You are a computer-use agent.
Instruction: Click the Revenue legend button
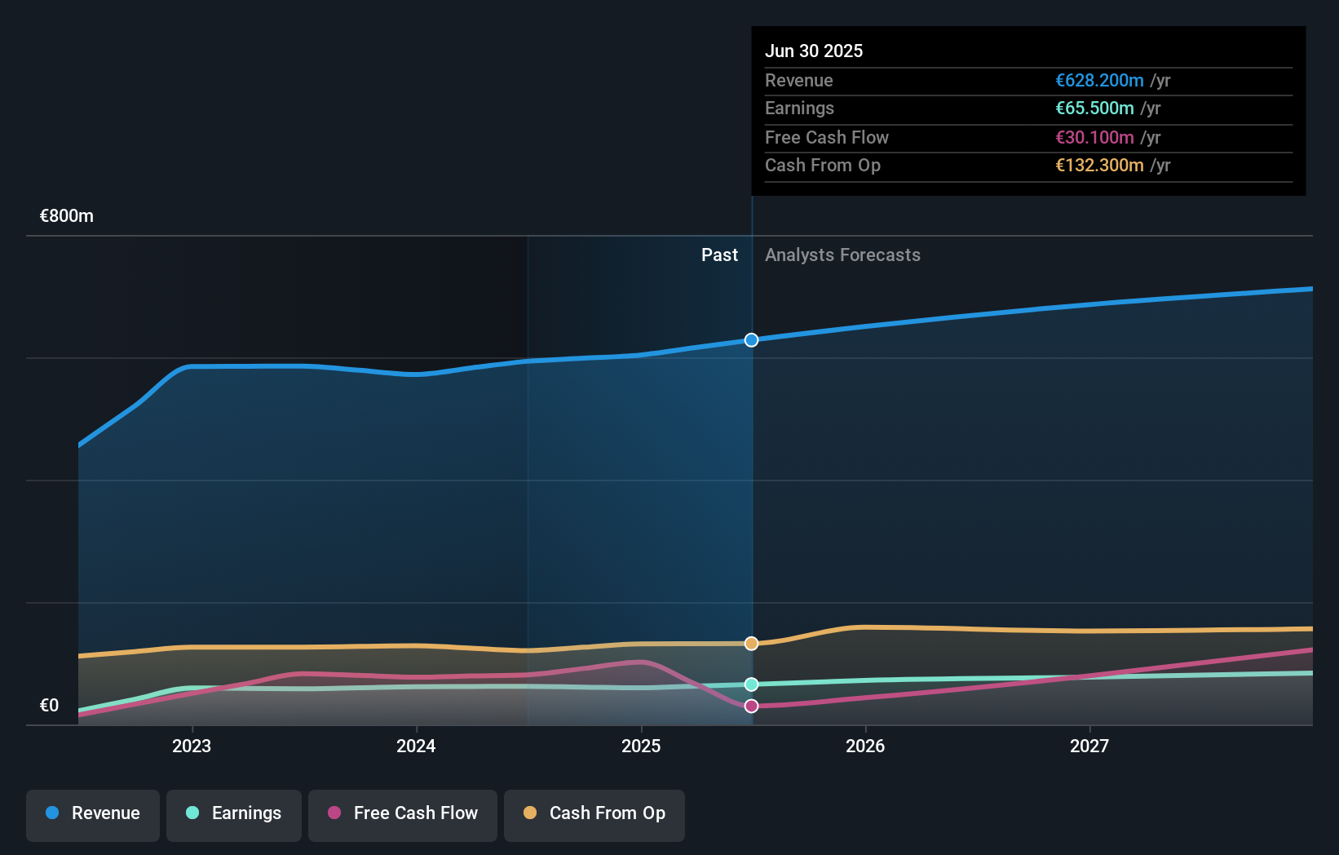point(93,813)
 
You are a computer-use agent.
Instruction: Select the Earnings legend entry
point(234,813)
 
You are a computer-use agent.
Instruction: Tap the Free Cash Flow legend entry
point(403,813)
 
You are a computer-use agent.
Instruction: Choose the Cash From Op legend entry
point(594,813)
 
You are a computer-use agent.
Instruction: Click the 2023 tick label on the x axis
point(192,746)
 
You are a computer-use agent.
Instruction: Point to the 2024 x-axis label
point(416,746)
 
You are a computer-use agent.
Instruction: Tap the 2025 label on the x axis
point(641,746)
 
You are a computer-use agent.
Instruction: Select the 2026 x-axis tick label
point(865,746)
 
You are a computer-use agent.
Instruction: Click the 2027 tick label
point(1089,746)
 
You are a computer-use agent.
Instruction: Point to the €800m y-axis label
point(67,216)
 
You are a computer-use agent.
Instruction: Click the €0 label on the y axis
point(49,706)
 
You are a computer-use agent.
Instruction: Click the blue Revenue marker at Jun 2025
point(752,340)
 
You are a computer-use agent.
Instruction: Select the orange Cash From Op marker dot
point(752,644)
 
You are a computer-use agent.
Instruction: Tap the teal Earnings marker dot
point(752,684)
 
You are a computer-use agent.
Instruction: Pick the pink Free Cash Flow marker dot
point(752,707)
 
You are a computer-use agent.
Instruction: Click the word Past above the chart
point(719,255)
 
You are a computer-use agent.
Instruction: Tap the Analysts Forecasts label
point(842,255)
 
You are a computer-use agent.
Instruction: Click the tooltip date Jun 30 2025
point(814,51)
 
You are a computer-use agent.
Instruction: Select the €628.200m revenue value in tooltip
point(1099,81)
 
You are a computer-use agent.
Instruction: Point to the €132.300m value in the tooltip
point(1099,166)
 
